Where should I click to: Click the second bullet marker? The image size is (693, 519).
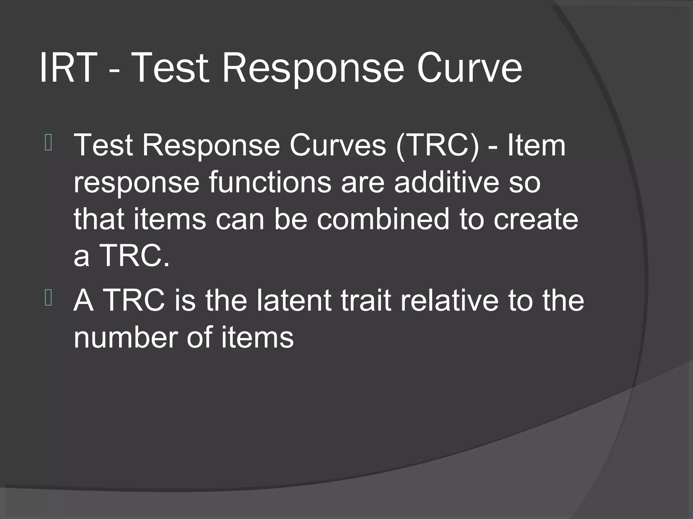(48, 298)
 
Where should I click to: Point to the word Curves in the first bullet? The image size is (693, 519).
(337, 145)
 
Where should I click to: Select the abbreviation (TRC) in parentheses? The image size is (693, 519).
(438, 145)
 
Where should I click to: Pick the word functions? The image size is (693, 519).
(270, 182)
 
